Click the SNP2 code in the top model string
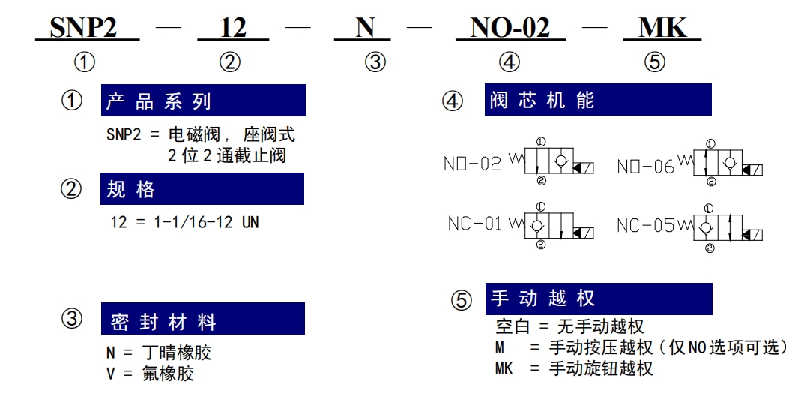pyautogui.click(x=83, y=27)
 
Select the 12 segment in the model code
pyautogui.click(x=233, y=27)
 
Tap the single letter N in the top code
pyautogui.click(x=365, y=27)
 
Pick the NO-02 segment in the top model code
pyautogui.click(x=510, y=27)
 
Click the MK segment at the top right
pyautogui.click(x=662, y=27)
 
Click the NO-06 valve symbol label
pyautogui.click(x=646, y=166)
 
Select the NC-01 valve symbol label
pyautogui.click(x=475, y=224)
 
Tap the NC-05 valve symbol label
pyautogui.click(x=646, y=225)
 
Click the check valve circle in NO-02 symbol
pyautogui.click(x=560, y=161)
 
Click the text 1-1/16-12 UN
pyautogui.click(x=207, y=222)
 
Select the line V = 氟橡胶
pyautogui.click(x=150, y=374)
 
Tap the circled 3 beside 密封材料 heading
pyautogui.click(x=72, y=319)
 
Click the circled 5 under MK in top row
pyautogui.click(x=654, y=62)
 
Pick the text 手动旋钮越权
pyautogui.click(x=601, y=369)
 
